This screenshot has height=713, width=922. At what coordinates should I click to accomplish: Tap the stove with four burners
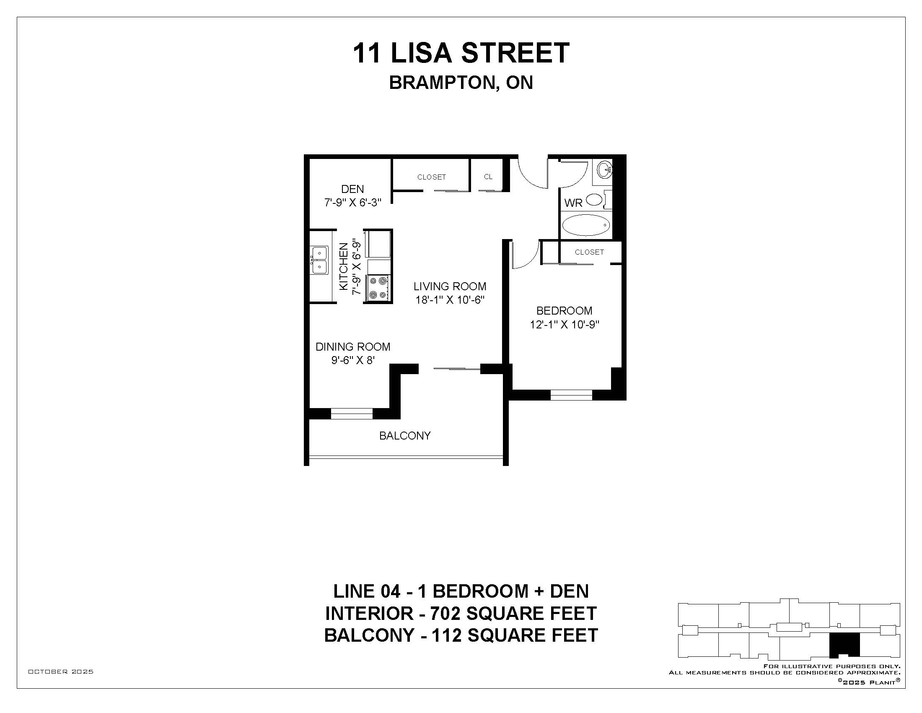(x=378, y=289)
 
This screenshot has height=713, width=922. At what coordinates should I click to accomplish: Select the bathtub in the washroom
(x=586, y=225)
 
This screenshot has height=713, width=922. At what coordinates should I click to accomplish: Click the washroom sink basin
(x=604, y=169)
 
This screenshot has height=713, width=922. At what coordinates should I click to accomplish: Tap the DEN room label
(x=352, y=189)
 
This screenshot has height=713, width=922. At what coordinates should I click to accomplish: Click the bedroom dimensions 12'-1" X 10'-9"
(x=565, y=324)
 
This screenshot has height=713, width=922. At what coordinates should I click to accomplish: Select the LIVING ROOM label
(x=450, y=286)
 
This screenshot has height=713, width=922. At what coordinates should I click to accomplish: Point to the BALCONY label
(x=405, y=435)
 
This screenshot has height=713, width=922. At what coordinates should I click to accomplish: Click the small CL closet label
(x=488, y=177)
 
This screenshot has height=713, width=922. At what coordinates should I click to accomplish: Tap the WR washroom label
(x=573, y=203)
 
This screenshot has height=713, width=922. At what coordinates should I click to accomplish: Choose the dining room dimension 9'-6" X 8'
(x=353, y=360)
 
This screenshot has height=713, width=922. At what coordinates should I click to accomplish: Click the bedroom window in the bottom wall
(x=572, y=395)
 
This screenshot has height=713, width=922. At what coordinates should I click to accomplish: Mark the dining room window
(x=352, y=414)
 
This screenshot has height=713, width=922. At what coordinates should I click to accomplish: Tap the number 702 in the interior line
(x=445, y=613)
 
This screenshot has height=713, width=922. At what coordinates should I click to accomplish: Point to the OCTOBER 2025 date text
(x=61, y=671)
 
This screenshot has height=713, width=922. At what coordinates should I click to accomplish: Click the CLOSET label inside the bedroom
(x=589, y=252)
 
